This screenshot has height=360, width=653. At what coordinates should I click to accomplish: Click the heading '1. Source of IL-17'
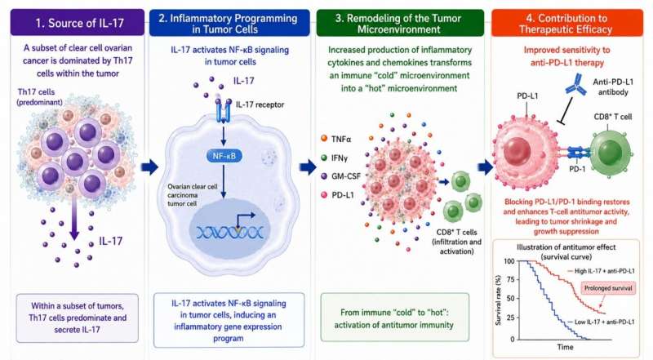pyautogui.click(x=79, y=23)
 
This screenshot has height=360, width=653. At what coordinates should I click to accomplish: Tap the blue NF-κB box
pyautogui.click(x=224, y=156)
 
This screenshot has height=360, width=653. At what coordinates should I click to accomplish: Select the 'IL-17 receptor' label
pyautogui.click(x=260, y=104)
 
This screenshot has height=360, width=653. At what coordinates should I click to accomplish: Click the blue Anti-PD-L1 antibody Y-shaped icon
pyautogui.click(x=576, y=85)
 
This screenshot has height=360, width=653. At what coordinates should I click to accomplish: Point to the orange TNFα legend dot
pyautogui.click(x=324, y=138)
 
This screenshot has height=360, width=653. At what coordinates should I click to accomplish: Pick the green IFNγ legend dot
pyautogui.click(x=324, y=158)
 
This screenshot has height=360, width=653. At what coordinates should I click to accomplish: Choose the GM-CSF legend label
pyautogui.click(x=346, y=176)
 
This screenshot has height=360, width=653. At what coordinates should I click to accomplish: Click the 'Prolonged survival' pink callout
pyautogui.click(x=608, y=288)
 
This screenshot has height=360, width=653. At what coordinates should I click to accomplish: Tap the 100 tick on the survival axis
pyautogui.click(x=509, y=261)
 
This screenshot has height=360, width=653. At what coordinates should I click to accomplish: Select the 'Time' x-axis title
pyautogui.click(x=565, y=347)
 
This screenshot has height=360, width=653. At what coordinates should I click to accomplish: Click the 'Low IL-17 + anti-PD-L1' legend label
pyautogui.click(x=604, y=322)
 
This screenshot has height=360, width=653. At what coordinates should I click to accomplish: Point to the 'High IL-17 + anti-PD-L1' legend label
pyautogui.click(x=604, y=271)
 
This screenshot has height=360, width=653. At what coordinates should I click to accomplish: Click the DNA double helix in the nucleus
pyautogui.click(x=230, y=232)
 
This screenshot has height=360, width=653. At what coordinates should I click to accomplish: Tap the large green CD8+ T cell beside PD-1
pyautogui.click(x=611, y=153)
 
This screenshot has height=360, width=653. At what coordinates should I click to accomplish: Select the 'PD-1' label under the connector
pyautogui.click(x=577, y=169)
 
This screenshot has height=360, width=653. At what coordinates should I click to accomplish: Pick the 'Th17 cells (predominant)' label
pyautogui.click(x=40, y=96)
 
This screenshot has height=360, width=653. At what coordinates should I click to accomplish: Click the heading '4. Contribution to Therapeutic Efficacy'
pyautogui.click(x=566, y=24)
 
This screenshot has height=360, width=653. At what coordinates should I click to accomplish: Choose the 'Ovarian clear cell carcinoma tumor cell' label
pyautogui.click(x=193, y=195)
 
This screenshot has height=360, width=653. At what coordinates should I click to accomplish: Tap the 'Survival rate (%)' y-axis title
pyautogui.click(x=498, y=300)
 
